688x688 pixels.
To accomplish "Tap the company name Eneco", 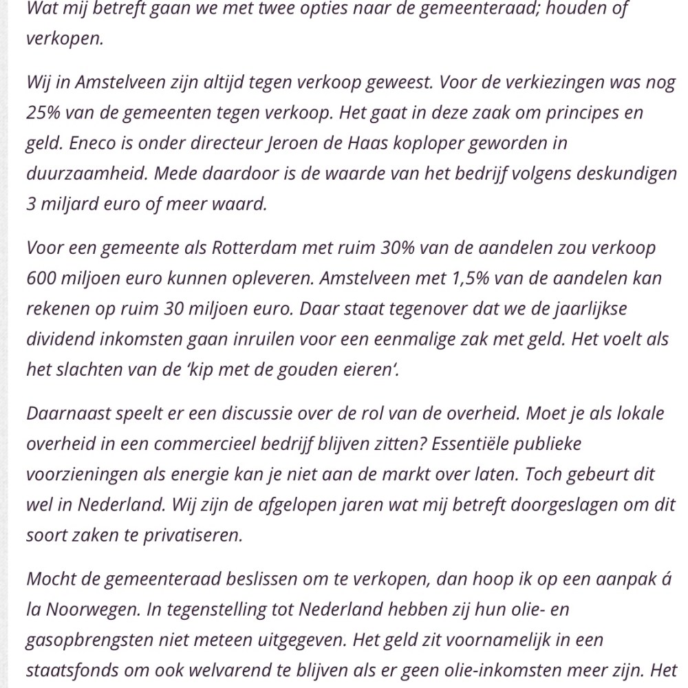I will coord(90,143).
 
